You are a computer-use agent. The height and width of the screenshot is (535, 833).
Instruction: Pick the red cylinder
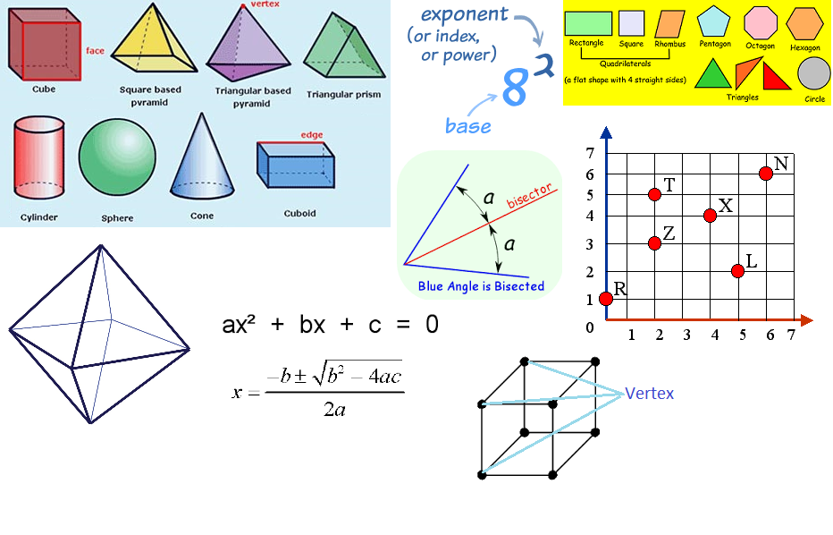coord(38,161)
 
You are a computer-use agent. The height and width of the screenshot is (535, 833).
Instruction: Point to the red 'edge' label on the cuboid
coord(311,134)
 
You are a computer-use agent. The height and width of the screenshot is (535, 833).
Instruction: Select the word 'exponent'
coord(464,14)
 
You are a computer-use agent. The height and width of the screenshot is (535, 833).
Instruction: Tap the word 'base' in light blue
coord(468,126)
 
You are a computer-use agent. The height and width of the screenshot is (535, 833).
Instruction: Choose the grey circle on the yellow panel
coord(813,73)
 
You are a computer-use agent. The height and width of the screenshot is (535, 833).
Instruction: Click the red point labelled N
coord(766,174)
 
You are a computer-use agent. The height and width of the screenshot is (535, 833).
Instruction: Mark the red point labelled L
coord(737,271)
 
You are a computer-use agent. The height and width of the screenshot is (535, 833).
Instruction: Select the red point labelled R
coord(606,298)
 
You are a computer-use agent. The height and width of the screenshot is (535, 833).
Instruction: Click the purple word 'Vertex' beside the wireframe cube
coord(649,394)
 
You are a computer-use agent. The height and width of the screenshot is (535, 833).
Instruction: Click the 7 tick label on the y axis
coord(590,153)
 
